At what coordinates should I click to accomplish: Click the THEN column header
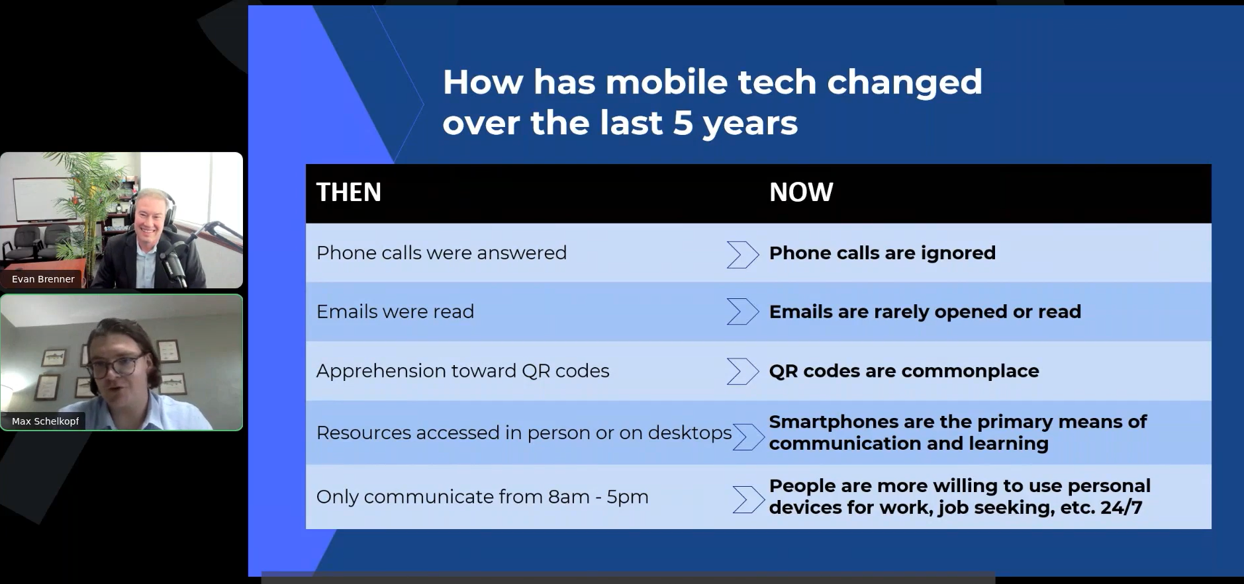click(349, 192)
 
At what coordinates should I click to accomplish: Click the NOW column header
click(801, 192)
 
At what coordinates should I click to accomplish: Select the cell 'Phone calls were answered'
click(442, 253)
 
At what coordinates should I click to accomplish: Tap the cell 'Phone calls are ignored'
click(882, 253)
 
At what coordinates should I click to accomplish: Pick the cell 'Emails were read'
click(395, 312)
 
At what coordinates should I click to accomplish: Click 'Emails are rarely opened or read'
click(925, 312)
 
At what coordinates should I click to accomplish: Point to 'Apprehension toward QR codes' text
click(463, 370)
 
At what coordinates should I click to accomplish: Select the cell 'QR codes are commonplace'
click(904, 370)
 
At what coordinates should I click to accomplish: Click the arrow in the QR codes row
click(742, 371)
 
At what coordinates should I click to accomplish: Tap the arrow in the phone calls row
click(742, 255)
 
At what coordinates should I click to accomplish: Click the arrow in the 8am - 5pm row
click(748, 499)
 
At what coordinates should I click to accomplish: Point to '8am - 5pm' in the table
click(598, 497)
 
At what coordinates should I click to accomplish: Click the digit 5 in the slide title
click(683, 123)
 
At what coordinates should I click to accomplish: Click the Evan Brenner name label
click(43, 279)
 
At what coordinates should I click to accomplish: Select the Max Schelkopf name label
click(45, 421)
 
